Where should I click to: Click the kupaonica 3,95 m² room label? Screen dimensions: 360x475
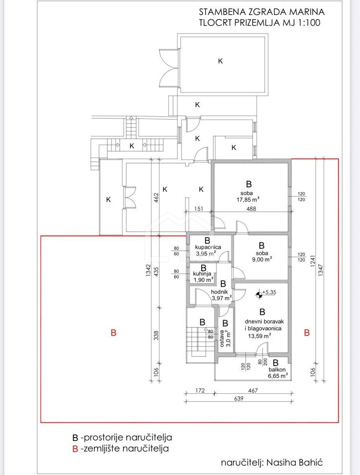(208, 250)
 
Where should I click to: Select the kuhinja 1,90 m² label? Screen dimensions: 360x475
(203, 277)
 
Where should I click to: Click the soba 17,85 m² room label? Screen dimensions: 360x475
(248, 196)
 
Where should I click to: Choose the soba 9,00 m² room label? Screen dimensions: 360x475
(262, 256)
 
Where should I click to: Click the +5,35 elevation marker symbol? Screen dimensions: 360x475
(258, 294)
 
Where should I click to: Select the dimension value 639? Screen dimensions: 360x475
(239, 398)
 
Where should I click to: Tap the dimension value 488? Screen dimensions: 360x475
(251, 208)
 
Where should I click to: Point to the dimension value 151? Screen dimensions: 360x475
(199, 208)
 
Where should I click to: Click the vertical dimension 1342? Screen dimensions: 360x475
(148, 270)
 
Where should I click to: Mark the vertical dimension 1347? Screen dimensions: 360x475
(320, 270)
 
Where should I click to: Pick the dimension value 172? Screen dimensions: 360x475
(200, 391)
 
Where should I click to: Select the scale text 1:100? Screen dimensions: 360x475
(309, 23)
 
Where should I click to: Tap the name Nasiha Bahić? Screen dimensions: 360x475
(295, 463)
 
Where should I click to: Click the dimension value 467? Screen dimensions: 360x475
(253, 391)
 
